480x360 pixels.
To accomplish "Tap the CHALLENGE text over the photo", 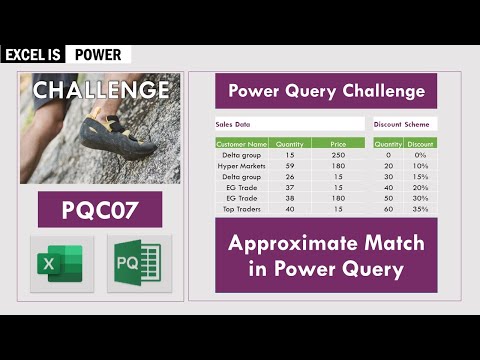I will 101,90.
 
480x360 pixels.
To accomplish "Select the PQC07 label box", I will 99,210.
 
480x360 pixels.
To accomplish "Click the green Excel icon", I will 61,263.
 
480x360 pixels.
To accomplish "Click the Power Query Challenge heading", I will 326,91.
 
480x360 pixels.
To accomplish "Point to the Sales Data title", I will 234,125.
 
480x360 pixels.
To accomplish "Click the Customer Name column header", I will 242,144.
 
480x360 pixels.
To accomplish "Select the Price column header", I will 338,144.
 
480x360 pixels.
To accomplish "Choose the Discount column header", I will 420,144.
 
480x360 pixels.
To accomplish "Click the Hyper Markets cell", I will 242,165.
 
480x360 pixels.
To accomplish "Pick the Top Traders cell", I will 242,209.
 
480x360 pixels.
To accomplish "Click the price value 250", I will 338,155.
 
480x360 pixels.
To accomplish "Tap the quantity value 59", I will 290,165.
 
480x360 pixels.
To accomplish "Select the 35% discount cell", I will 420,209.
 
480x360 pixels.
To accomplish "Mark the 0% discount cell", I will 420,155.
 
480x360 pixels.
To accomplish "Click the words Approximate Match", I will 326,243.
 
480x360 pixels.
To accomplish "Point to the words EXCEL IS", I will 33,55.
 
